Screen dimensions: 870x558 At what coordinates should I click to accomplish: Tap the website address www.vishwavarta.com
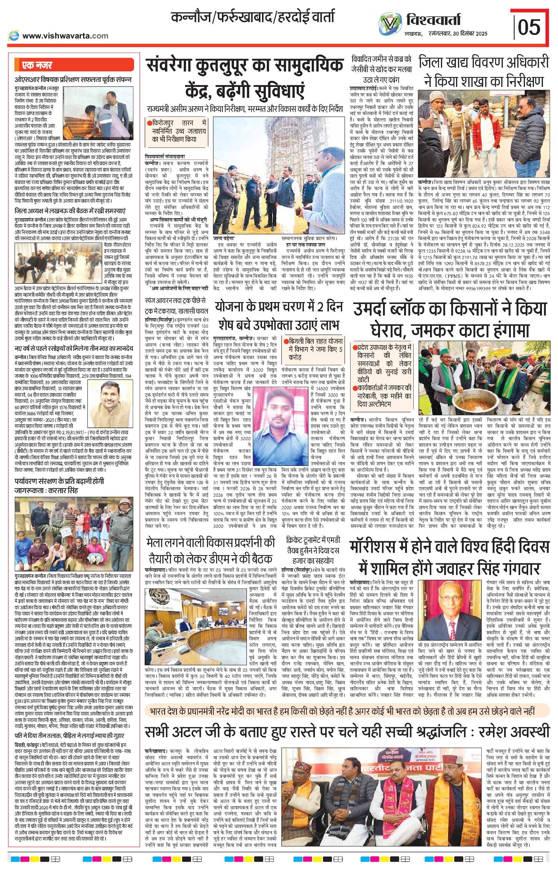coord(65,36)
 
